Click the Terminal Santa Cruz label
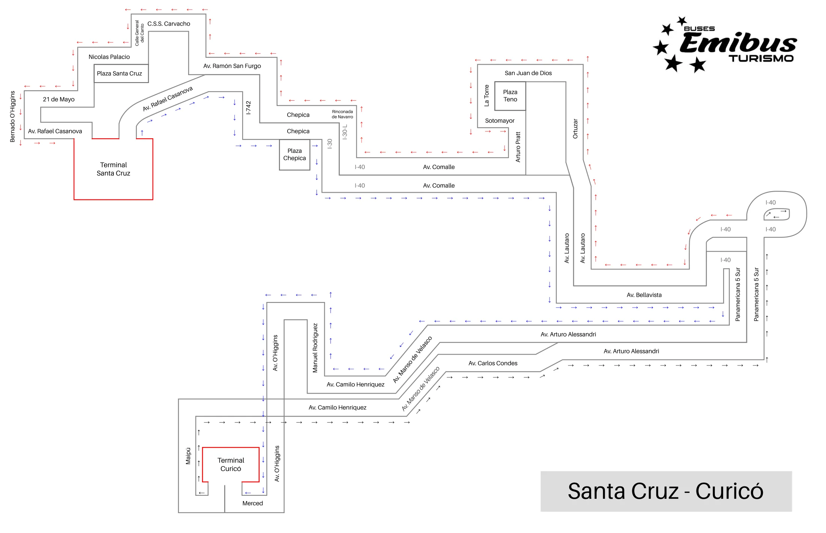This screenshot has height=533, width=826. point(113,169)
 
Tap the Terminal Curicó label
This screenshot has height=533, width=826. point(231,464)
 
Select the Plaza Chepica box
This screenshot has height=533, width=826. point(294,155)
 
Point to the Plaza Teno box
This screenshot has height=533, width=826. point(510,96)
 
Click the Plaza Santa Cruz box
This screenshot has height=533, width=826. point(119,74)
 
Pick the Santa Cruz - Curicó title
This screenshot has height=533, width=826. point(665,491)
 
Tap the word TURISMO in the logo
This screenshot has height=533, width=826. point(761,59)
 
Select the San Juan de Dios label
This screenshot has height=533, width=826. point(528,73)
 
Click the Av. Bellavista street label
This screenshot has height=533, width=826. point(644,295)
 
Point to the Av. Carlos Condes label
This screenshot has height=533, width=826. point(493,363)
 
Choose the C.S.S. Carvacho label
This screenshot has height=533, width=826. point(169,24)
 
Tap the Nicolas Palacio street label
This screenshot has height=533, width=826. point(109,57)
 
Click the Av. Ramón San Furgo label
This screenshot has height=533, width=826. point(232,66)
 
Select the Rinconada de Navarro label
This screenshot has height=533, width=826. point(342,114)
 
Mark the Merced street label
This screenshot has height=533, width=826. point(252,503)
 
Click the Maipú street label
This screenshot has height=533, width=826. point(188,456)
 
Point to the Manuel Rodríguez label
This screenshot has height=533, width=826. point(315,348)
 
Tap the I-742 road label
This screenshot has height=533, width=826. point(248,108)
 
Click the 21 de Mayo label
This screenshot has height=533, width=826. point(59,100)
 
